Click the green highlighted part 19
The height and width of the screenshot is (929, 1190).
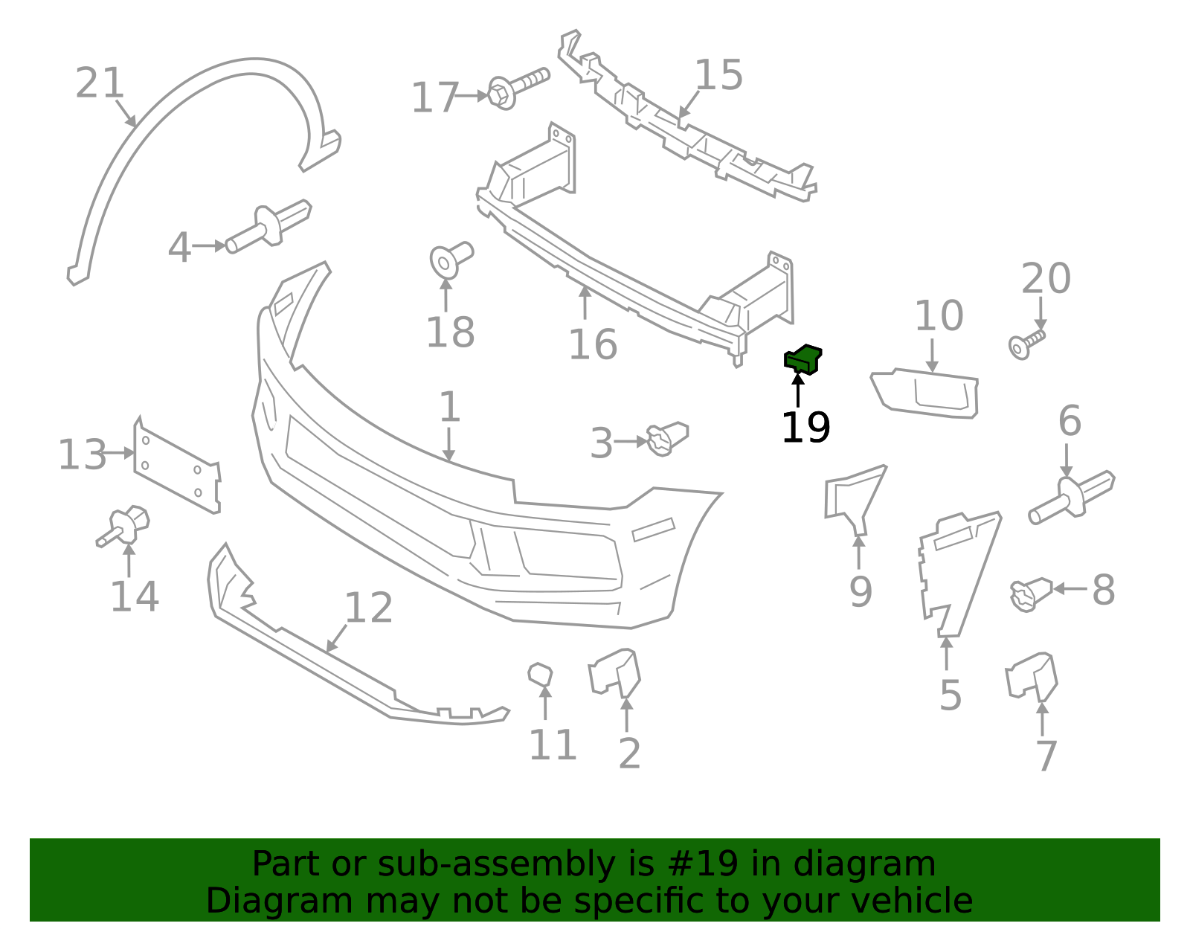803,359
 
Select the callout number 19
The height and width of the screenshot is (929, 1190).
805,428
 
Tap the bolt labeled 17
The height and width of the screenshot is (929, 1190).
518,89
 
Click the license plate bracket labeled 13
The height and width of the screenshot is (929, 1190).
177,468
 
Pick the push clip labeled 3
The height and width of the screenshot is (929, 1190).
667,439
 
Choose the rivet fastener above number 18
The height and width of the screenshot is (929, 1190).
451,260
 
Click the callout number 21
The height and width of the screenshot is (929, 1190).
99,83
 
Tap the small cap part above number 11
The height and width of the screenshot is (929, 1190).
540,674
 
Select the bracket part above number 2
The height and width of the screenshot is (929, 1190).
615,673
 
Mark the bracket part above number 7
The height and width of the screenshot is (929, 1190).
1031,677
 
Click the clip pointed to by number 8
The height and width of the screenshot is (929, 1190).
1031,594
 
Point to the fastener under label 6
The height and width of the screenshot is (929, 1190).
1071,497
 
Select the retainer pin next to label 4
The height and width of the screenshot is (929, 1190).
268,226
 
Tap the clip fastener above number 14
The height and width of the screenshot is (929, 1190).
123,526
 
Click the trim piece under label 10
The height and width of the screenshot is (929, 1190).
925,393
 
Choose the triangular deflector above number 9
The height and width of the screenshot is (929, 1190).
855,499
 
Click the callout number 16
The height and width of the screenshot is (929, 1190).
593,344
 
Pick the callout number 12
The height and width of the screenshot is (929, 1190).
369,608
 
